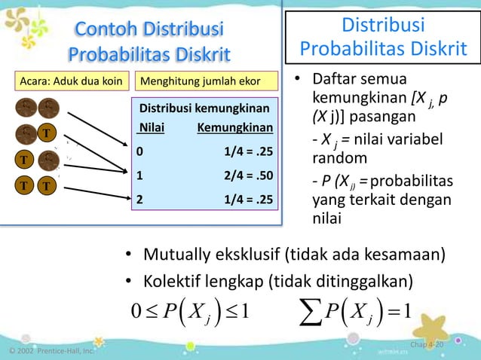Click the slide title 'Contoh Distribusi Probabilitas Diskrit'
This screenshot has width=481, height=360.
click(149, 42)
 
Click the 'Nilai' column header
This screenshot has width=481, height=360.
click(152, 128)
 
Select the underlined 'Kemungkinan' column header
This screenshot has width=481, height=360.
click(234, 128)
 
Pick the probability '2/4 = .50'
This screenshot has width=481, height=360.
click(248, 175)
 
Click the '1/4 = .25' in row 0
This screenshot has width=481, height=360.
click(248, 151)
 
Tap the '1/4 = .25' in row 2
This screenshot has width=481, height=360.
click(248, 200)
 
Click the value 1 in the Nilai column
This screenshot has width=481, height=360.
click(139, 175)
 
